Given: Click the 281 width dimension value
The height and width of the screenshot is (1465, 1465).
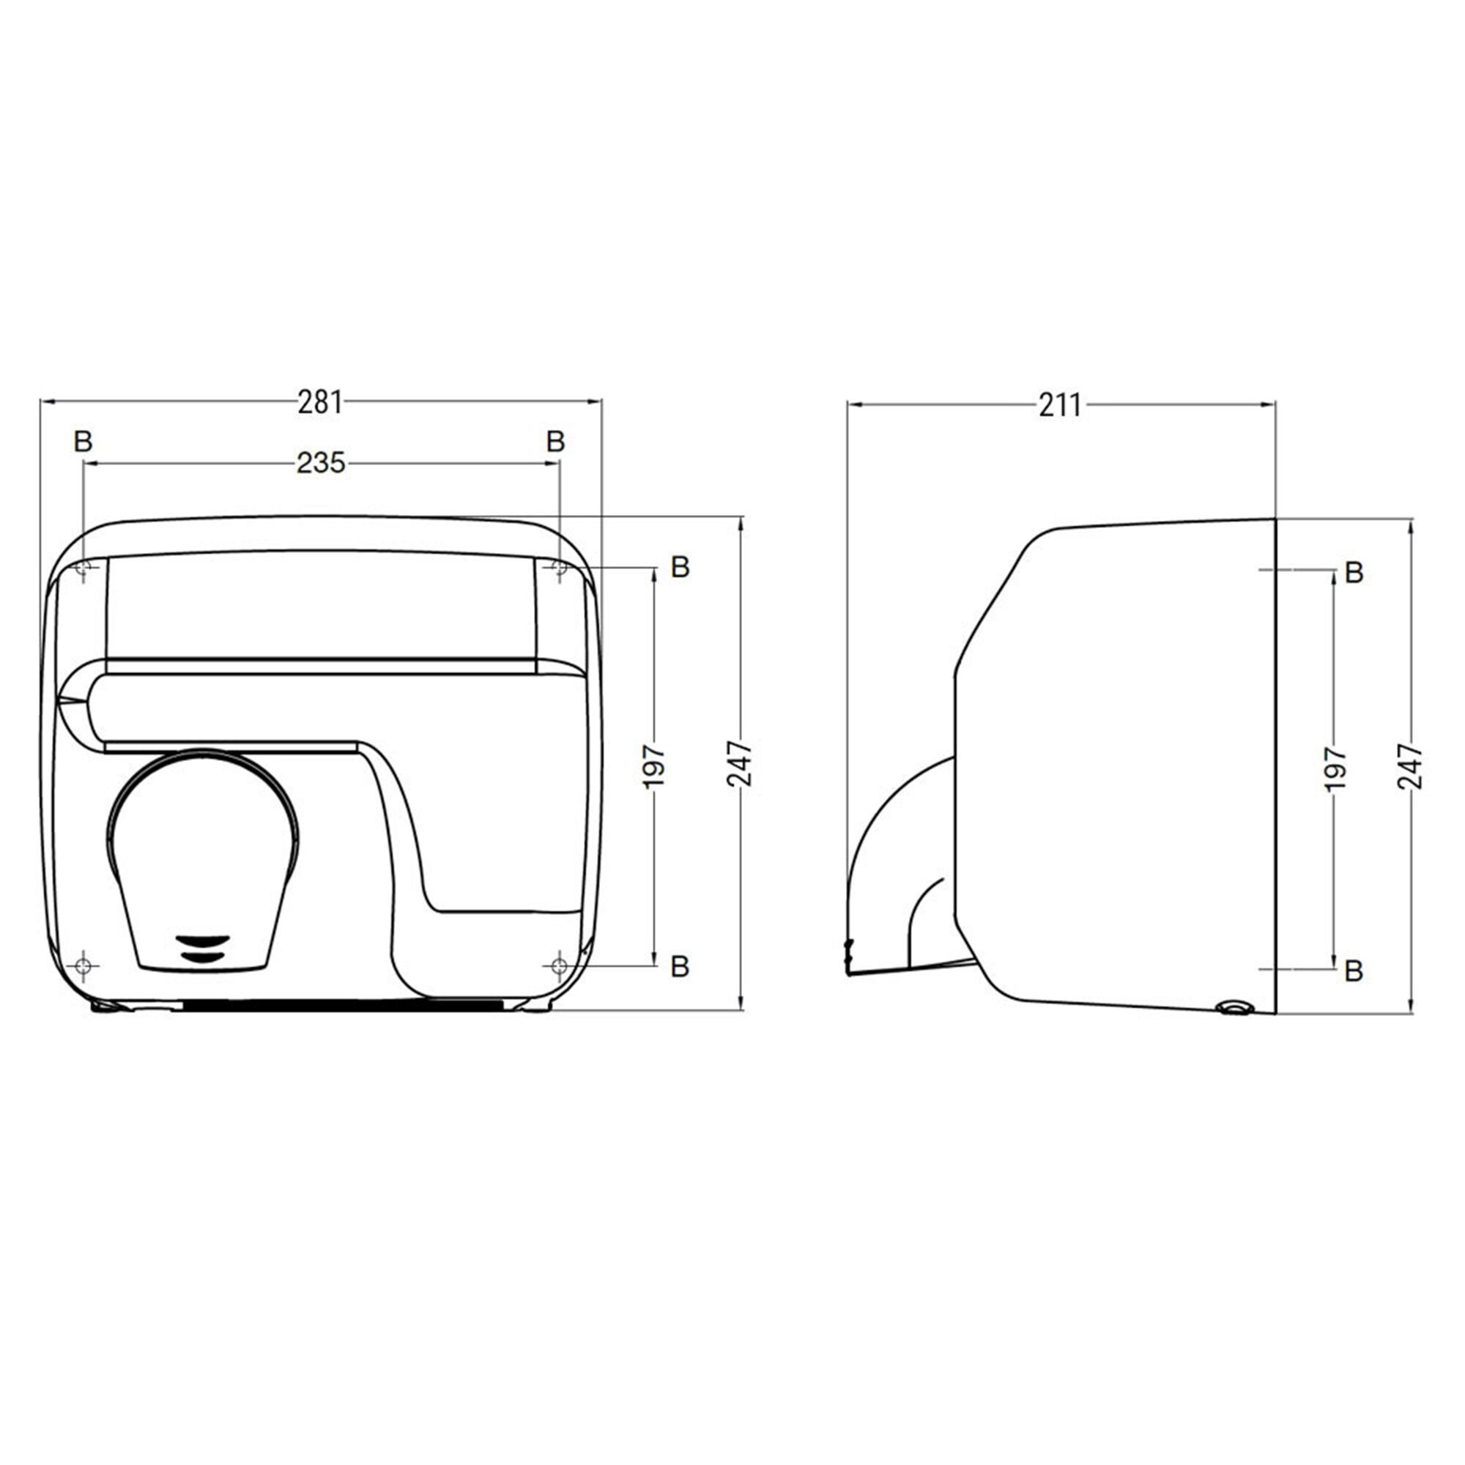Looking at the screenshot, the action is coord(320,403).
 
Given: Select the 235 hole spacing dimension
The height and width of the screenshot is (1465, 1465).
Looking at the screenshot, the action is coord(321,462).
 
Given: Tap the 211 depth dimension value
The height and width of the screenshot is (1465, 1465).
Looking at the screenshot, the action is coord(1060,407).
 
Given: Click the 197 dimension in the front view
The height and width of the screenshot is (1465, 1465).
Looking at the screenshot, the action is coord(654,766).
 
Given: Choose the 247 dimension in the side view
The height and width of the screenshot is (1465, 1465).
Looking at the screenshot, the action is coord(1410,767).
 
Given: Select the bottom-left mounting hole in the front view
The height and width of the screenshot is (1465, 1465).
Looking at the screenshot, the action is coord(84,965).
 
